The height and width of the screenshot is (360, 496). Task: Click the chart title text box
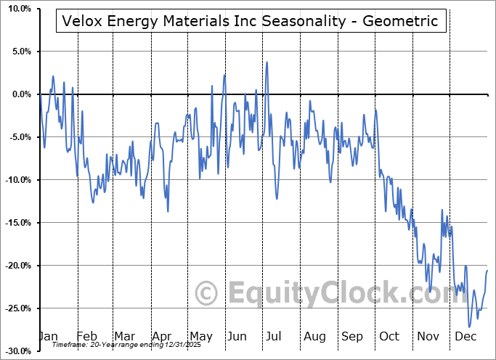(251, 22)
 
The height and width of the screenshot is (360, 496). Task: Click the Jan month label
(48, 336)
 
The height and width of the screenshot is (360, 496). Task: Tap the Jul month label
(274, 336)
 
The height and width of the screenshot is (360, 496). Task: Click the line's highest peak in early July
(267, 62)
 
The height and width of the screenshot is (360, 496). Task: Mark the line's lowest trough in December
(470, 327)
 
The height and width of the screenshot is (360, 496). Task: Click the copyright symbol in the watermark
(207, 293)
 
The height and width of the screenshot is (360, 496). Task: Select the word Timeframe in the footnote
(70, 345)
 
